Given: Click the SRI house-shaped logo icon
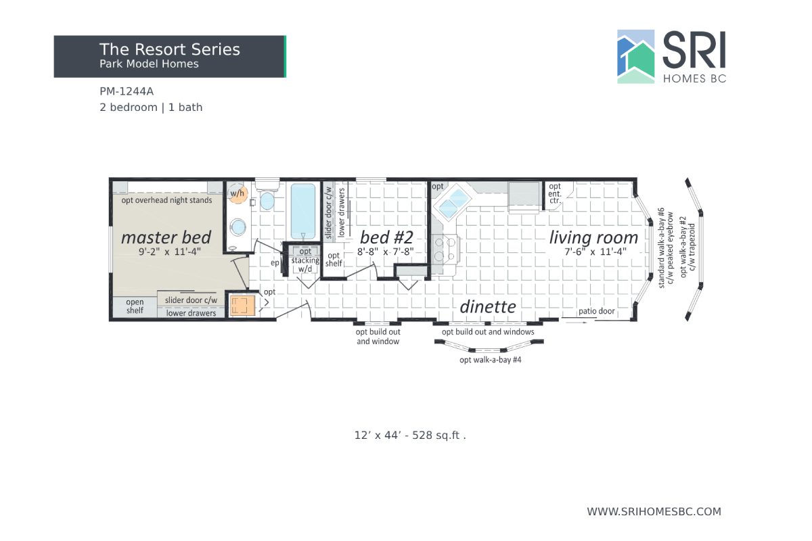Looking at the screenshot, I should click(x=636, y=57).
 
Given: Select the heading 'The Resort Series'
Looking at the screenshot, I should click(x=169, y=49).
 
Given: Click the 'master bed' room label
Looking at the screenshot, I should click(x=166, y=237).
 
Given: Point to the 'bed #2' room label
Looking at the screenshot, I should click(x=386, y=237).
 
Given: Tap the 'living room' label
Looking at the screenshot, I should click(x=593, y=237).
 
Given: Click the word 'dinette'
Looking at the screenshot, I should click(x=488, y=306).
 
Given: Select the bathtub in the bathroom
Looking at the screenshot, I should click(x=303, y=210).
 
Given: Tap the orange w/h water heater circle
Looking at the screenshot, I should click(x=238, y=193).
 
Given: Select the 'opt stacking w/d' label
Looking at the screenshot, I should click(x=305, y=261).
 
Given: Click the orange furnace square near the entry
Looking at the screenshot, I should click(x=241, y=306).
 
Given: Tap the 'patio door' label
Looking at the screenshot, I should click(x=595, y=312).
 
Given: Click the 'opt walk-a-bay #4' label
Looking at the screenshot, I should click(x=490, y=360).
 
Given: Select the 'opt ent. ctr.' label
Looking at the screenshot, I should click(x=555, y=193).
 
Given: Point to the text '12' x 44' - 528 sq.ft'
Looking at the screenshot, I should click(x=410, y=436).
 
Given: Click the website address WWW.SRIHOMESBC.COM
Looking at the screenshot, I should click(x=654, y=512).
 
